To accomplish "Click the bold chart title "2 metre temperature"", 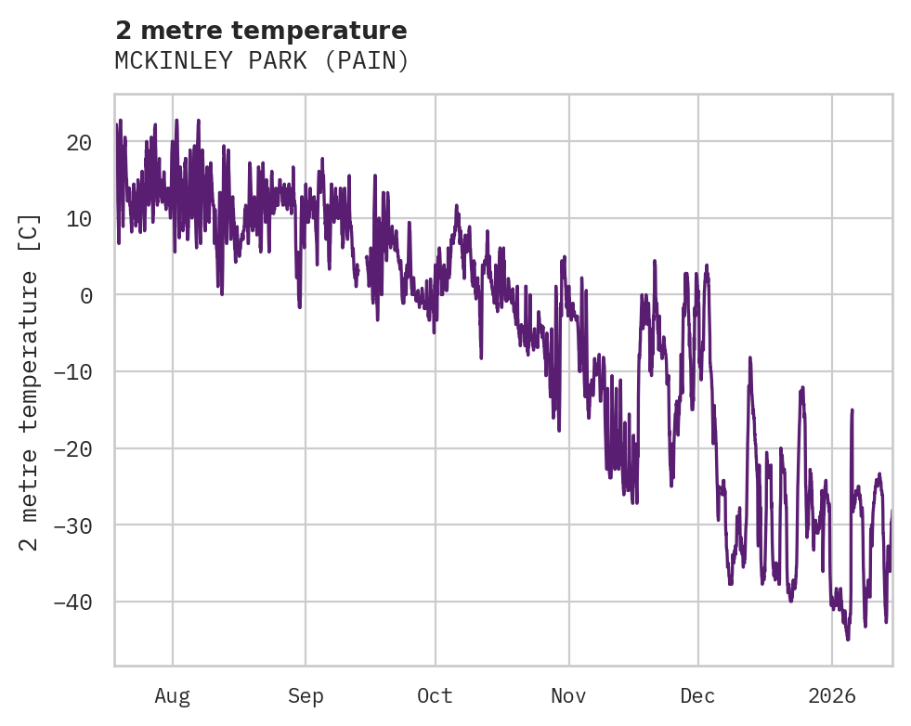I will click(x=261, y=31).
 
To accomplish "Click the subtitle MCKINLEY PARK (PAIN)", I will click(x=261, y=61).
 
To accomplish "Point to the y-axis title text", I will click(x=30, y=381).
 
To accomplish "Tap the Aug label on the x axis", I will click(x=172, y=696).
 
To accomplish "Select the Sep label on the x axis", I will click(x=305, y=696).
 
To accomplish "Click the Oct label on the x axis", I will click(x=435, y=696).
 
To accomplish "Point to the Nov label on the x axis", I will click(x=568, y=696).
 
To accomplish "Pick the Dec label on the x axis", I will click(x=697, y=696).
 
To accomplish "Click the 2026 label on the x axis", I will click(x=831, y=696).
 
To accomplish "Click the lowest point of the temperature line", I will click(x=848, y=640).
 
